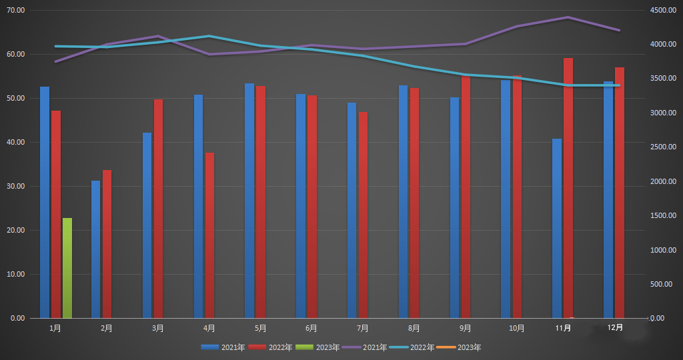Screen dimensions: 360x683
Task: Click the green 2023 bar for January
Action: [x=67, y=268]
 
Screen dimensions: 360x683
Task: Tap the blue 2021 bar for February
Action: [x=96, y=249]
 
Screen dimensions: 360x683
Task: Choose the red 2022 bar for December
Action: [x=620, y=193]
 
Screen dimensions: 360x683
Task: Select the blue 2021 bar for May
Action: [x=249, y=201]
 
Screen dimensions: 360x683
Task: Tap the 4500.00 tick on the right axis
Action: [x=664, y=11]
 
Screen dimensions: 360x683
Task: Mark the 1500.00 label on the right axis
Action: [x=664, y=216]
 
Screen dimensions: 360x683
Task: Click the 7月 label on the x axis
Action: [x=363, y=328]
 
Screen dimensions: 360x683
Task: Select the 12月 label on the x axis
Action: [x=616, y=327]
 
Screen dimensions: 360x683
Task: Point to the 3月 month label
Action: [x=158, y=328]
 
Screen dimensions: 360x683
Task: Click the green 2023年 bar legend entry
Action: [x=317, y=347]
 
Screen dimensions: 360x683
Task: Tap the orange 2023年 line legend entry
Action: [x=460, y=347]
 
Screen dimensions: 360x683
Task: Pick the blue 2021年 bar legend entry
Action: [x=223, y=347]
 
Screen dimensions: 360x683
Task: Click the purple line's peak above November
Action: [x=568, y=17]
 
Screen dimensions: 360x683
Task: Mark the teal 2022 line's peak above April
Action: [x=209, y=36]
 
